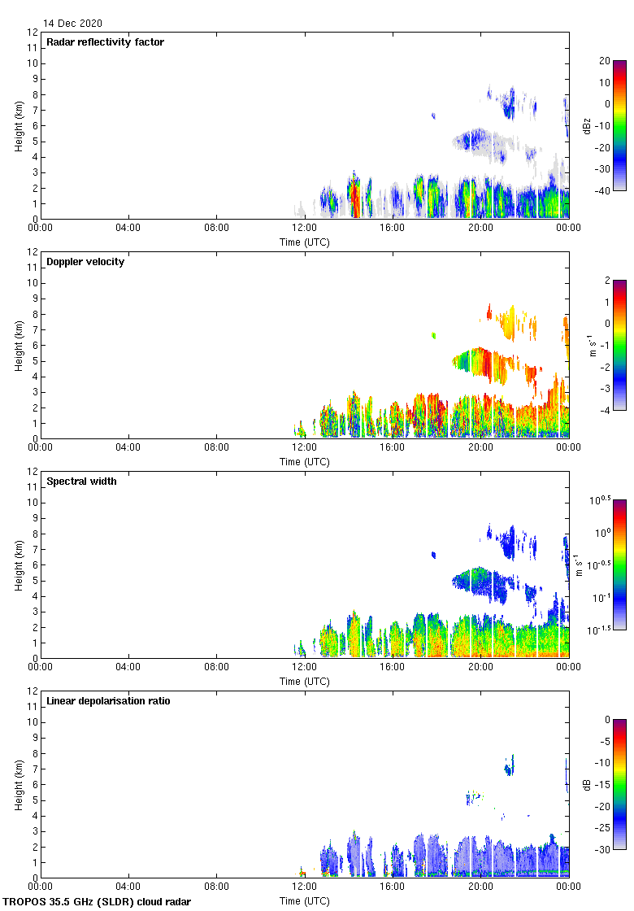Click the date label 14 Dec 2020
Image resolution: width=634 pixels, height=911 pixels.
73,24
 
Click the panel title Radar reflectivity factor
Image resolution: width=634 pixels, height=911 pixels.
105,42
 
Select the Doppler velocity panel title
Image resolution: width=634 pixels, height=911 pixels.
85,262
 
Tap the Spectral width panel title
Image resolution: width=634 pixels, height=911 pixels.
81,482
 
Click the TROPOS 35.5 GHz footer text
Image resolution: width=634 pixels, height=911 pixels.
98,902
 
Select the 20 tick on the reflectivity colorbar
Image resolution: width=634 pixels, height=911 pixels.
604,61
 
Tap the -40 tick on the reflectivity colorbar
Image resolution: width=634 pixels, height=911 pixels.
606,190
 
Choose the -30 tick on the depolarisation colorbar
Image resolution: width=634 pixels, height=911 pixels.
606,849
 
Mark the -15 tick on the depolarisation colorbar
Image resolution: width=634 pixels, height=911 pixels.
606,785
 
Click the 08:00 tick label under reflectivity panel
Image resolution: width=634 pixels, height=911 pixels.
216,228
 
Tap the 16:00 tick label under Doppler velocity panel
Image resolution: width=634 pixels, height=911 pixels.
392,447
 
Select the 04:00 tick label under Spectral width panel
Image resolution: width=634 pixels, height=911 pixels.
128,667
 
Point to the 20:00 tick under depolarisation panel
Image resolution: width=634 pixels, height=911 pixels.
480,887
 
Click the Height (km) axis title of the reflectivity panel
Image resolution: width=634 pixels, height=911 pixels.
18,125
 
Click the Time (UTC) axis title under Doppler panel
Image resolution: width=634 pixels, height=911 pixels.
305,462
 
